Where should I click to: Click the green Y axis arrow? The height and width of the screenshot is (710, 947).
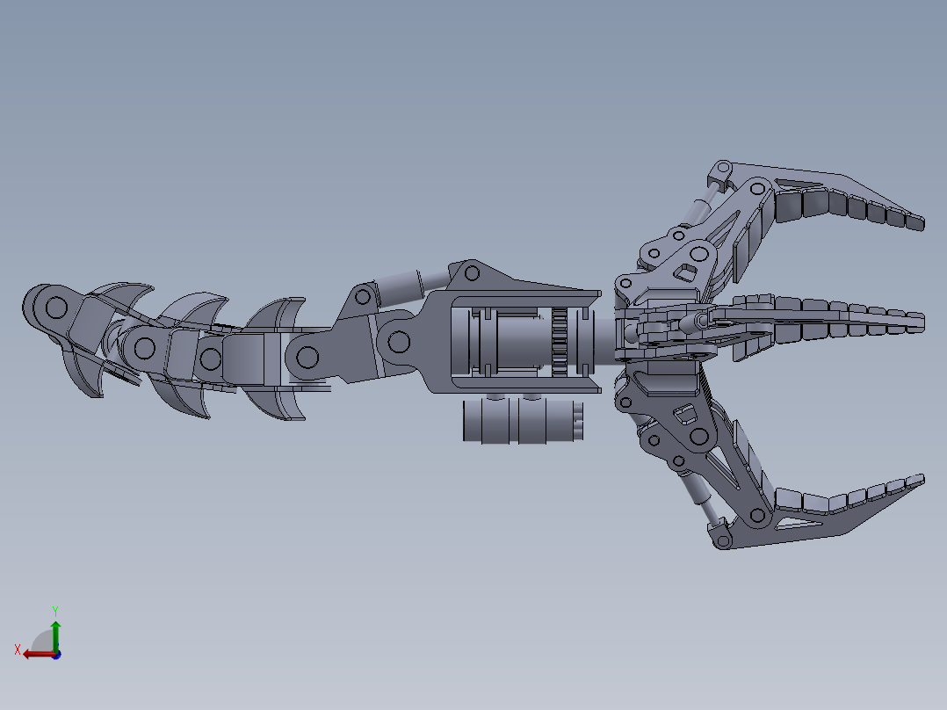[55, 631]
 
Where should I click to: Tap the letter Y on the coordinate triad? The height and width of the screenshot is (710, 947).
[55, 610]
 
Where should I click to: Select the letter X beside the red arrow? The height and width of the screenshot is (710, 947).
[17, 649]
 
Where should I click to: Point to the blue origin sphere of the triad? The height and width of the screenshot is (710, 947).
[56, 654]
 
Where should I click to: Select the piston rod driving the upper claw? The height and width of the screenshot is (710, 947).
[699, 211]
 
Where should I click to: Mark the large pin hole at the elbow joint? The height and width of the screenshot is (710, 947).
[398, 341]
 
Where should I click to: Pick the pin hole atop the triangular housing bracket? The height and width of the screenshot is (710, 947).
[471, 273]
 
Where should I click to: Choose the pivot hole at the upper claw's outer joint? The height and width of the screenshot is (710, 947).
[755, 187]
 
